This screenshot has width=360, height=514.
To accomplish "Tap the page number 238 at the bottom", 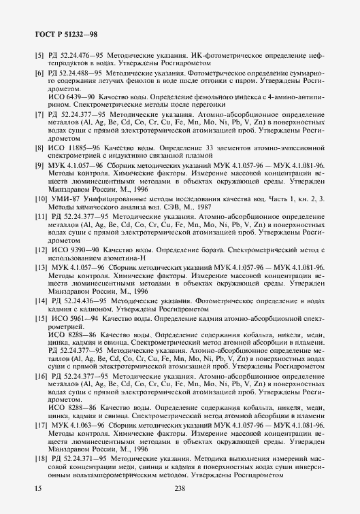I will pos(180,487).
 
